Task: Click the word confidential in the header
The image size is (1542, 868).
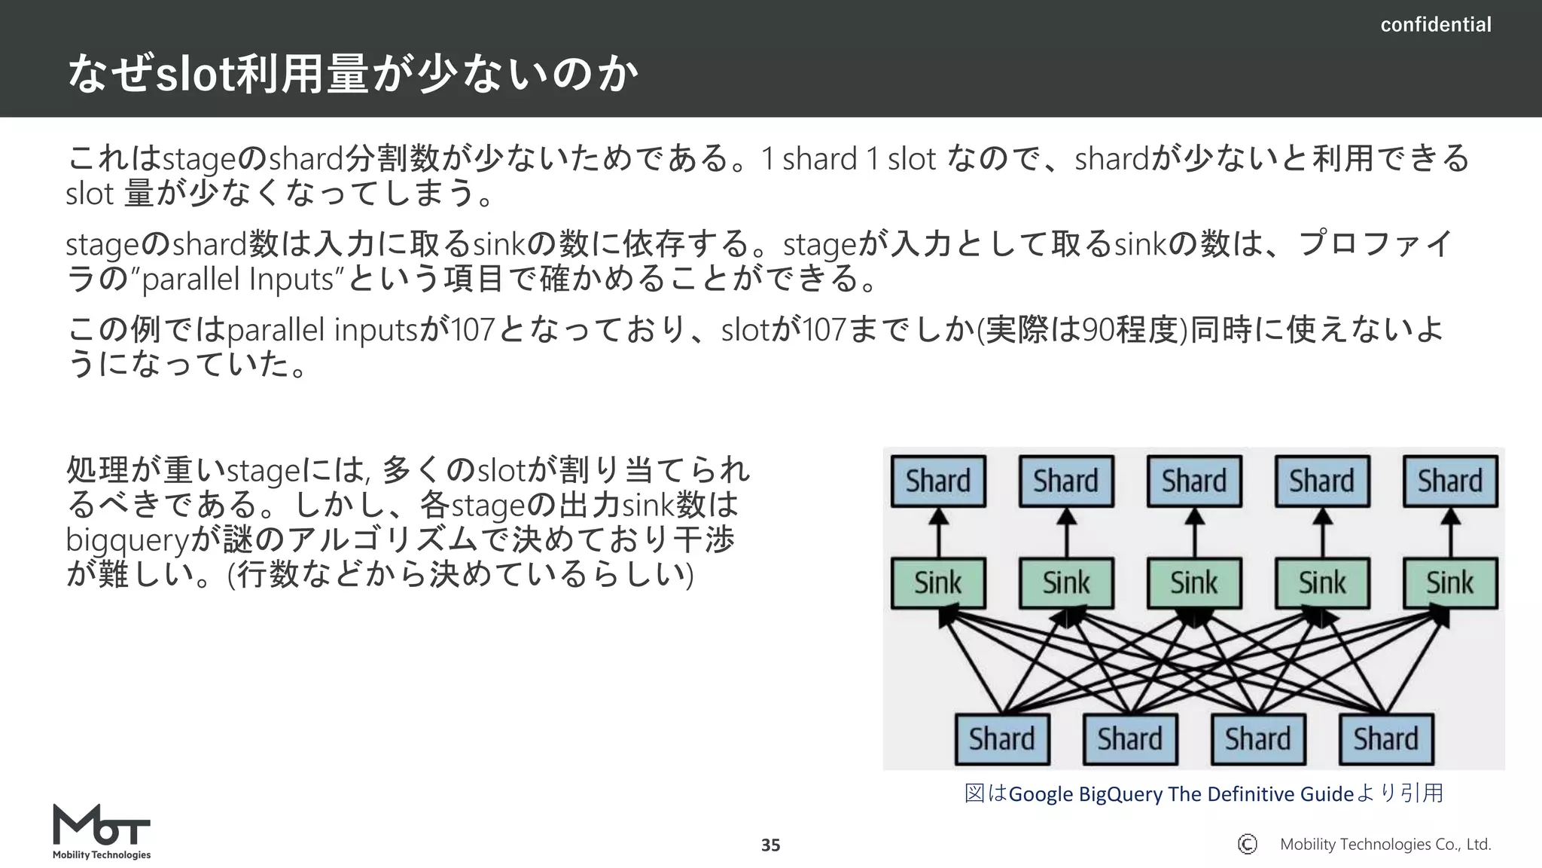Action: coord(1435,25)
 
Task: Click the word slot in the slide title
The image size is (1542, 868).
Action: coord(194,75)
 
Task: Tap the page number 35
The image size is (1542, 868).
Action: coord(770,845)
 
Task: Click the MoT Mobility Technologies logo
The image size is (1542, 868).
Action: coord(102,831)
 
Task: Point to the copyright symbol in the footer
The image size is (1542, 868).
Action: coord(1247,844)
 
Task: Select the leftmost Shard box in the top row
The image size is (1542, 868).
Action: coord(938,481)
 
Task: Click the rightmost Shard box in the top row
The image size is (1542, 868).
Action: coord(1450,481)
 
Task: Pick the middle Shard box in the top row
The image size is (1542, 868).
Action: coord(1194,481)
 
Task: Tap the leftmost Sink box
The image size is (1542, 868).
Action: coord(938,582)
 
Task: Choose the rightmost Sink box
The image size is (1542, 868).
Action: coord(1450,582)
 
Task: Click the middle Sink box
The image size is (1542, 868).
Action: coord(1194,582)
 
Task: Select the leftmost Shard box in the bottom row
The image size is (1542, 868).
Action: coord(1002,738)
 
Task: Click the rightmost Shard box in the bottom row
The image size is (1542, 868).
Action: coord(1386,738)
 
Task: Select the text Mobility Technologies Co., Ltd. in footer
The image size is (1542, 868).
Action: coord(1385,845)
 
